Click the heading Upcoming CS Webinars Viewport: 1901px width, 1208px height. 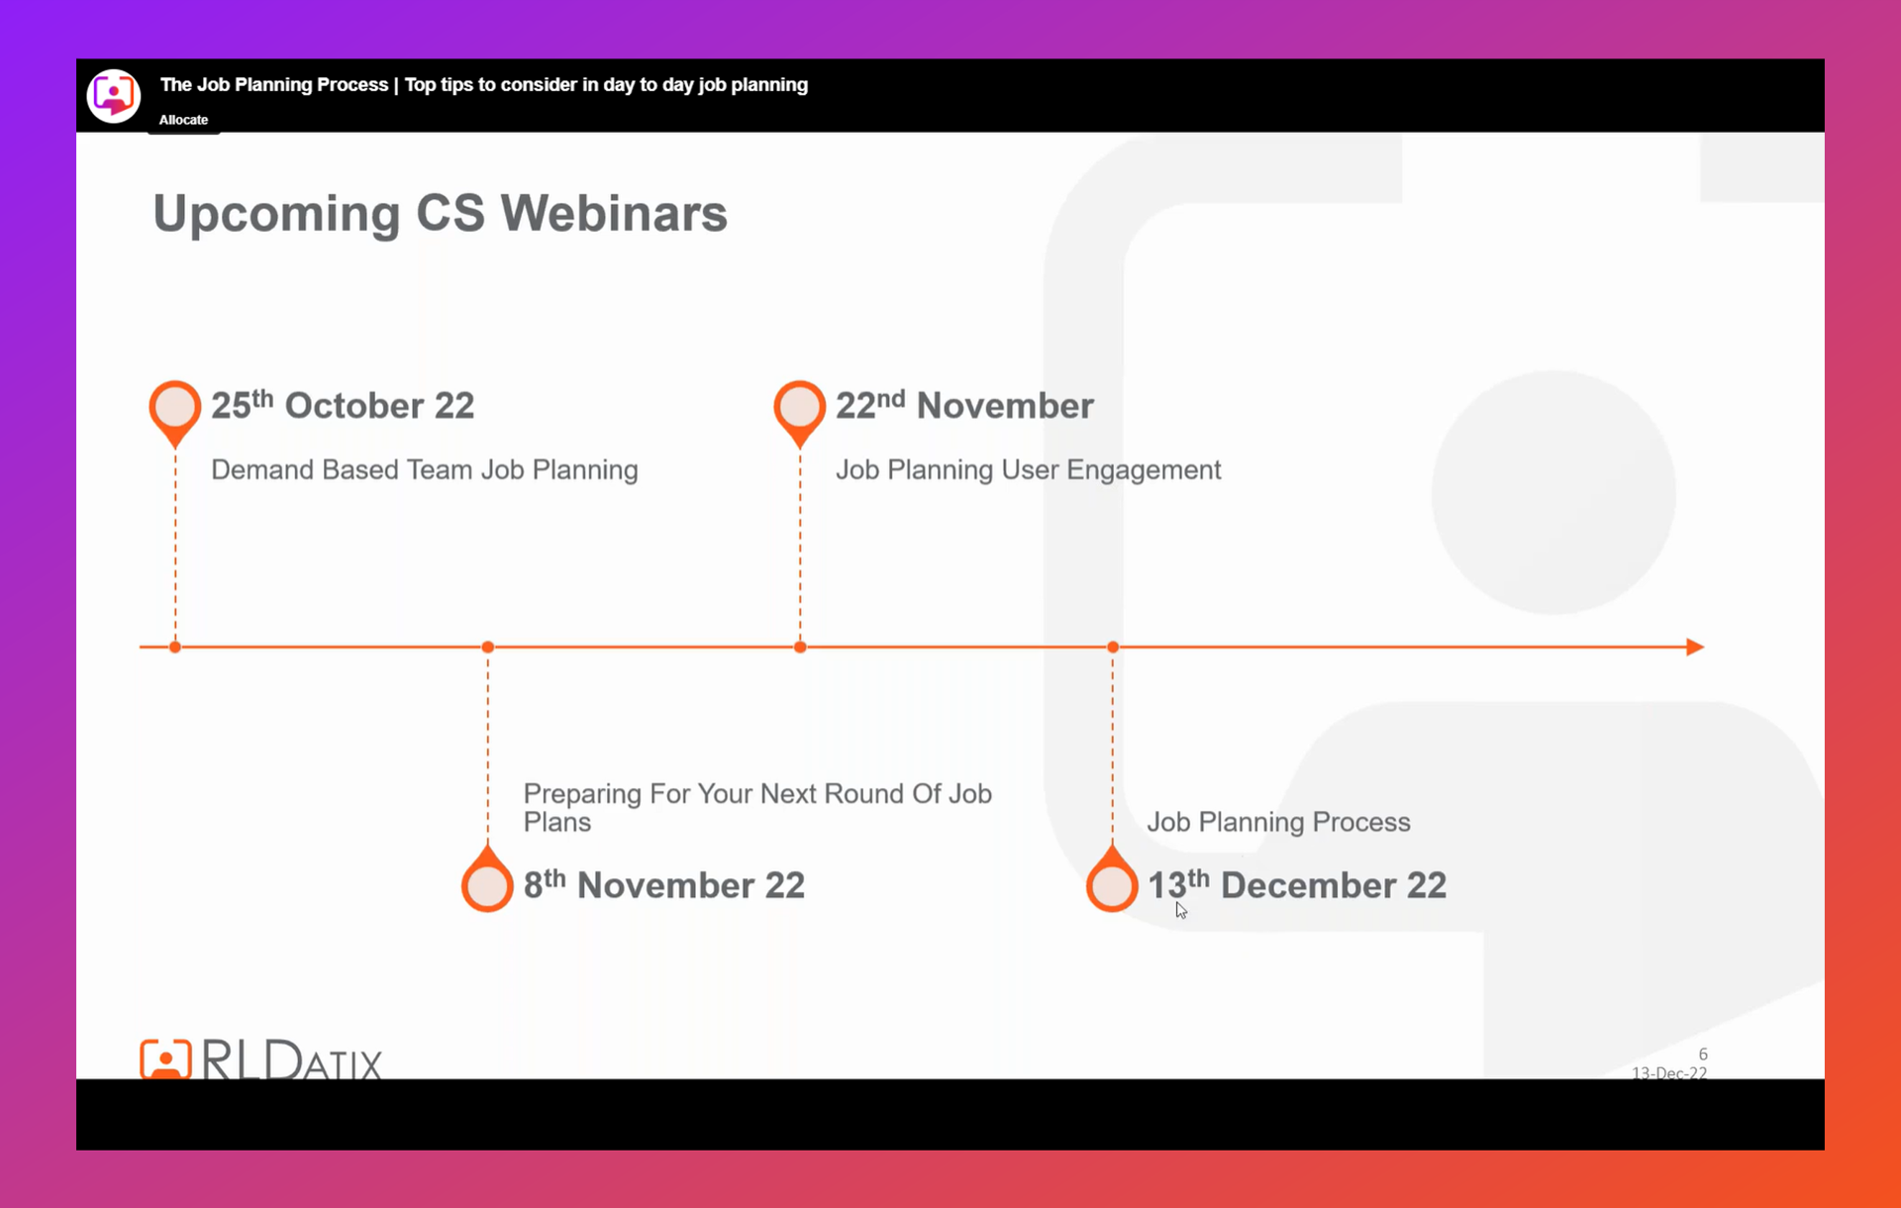(x=440, y=214)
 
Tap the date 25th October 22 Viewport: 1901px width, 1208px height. (x=343, y=405)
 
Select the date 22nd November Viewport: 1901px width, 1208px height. (x=964, y=405)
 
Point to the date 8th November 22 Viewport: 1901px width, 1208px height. (x=663, y=884)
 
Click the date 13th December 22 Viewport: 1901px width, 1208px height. (x=1297, y=884)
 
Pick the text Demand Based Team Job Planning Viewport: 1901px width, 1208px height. (x=424, y=469)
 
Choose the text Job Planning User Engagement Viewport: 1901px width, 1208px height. (x=1028, y=469)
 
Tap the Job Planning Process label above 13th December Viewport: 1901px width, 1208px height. (x=1278, y=822)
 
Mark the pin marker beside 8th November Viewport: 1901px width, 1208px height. (x=487, y=879)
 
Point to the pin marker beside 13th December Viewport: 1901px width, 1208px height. (x=1112, y=879)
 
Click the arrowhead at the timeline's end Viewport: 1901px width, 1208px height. (x=1695, y=647)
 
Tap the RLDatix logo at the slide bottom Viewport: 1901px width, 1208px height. (x=260, y=1057)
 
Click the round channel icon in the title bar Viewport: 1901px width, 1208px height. (x=114, y=96)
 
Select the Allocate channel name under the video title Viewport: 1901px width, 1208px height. (x=183, y=120)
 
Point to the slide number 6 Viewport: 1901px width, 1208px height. (x=1703, y=1055)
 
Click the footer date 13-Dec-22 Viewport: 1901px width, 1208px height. (x=1669, y=1072)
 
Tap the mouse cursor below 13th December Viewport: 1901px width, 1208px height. (x=1180, y=910)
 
